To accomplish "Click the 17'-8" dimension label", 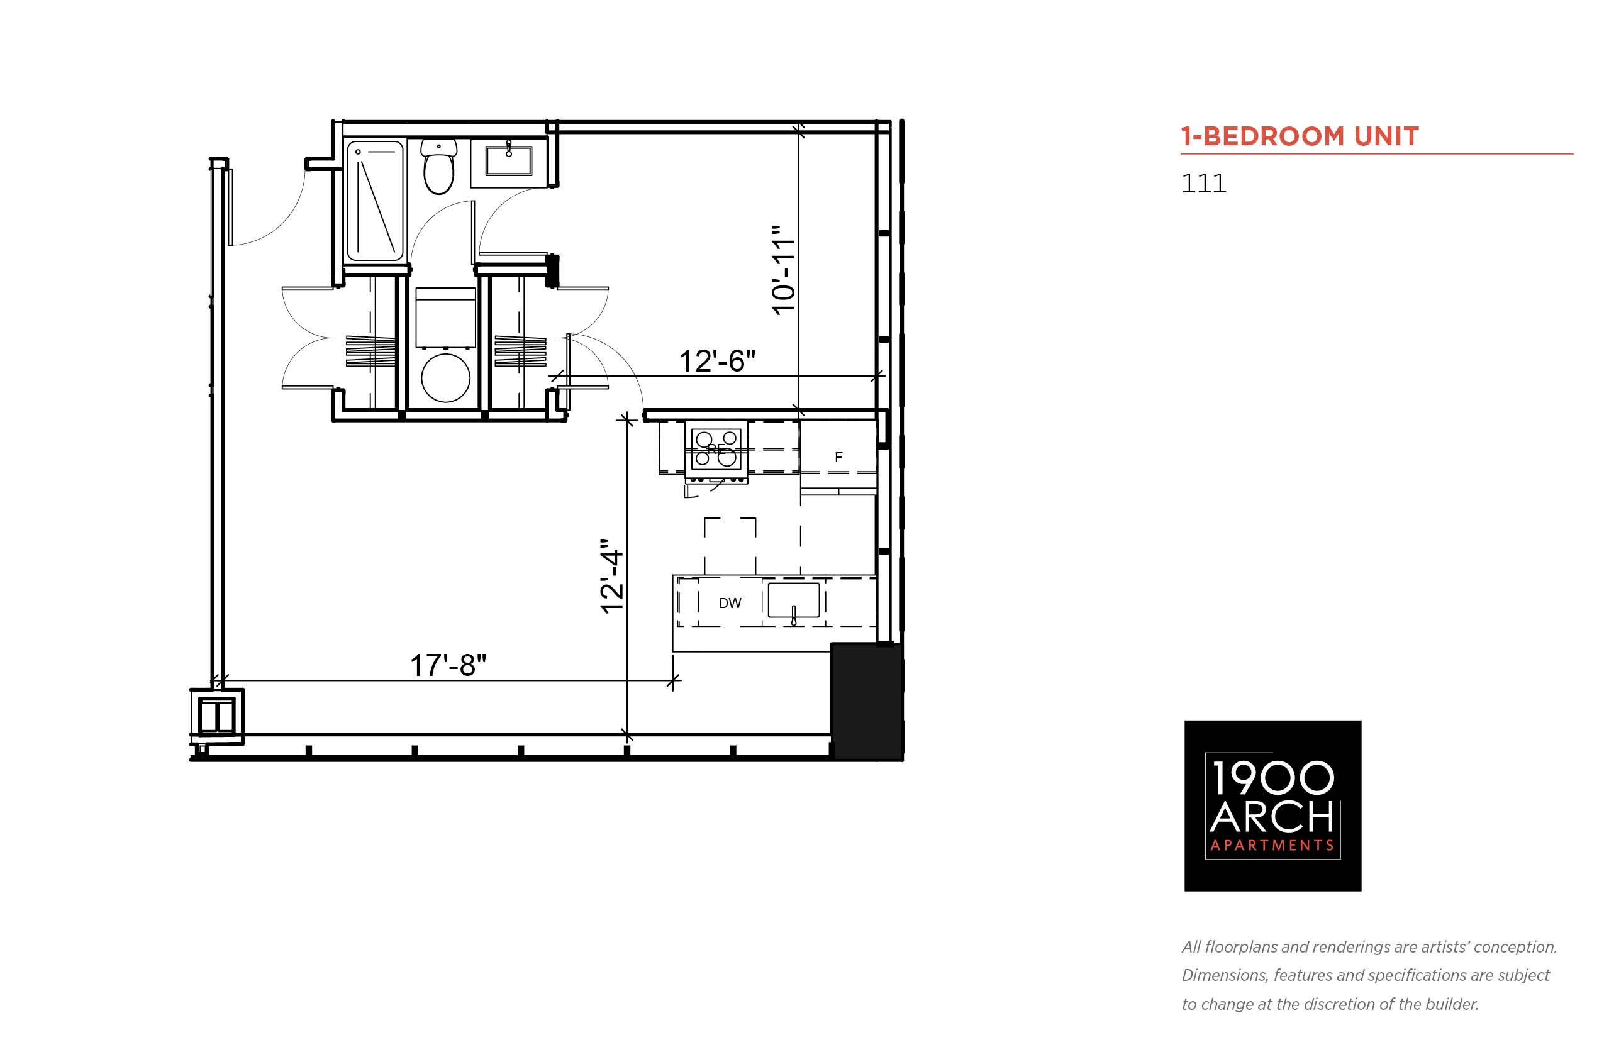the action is pyautogui.click(x=448, y=665).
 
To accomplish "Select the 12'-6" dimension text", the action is pyautogui.click(x=716, y=361).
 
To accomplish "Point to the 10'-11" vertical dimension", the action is pyautogui.click(x=784, y=270).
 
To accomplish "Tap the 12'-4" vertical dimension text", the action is pyautogui.click(x=612, y=576).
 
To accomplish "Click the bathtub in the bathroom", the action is pyautogui.click(x=375, y=201).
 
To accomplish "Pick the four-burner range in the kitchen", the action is pyautogui.click(x=716, y=452).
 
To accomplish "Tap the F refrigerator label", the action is pyautogui.click(x=838, y=457).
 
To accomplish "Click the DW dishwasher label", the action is pyautogui.click(x=730, y=603).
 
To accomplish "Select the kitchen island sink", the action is pyautogui.click(x=794, y=600).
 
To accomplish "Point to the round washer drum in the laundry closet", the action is pyautogui.click(x=446, y=378).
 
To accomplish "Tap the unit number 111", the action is pyautogui.click(x=1204, y=184).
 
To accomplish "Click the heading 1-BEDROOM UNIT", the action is pyautogui.click(x=1300, y=136).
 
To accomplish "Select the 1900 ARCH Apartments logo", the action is pyautogui.click(x=1272, y=805).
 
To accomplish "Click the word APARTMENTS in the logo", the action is pyautogui.click(x=1272, y=846).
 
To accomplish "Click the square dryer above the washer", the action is pyautogui.click(x=446, y=318).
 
